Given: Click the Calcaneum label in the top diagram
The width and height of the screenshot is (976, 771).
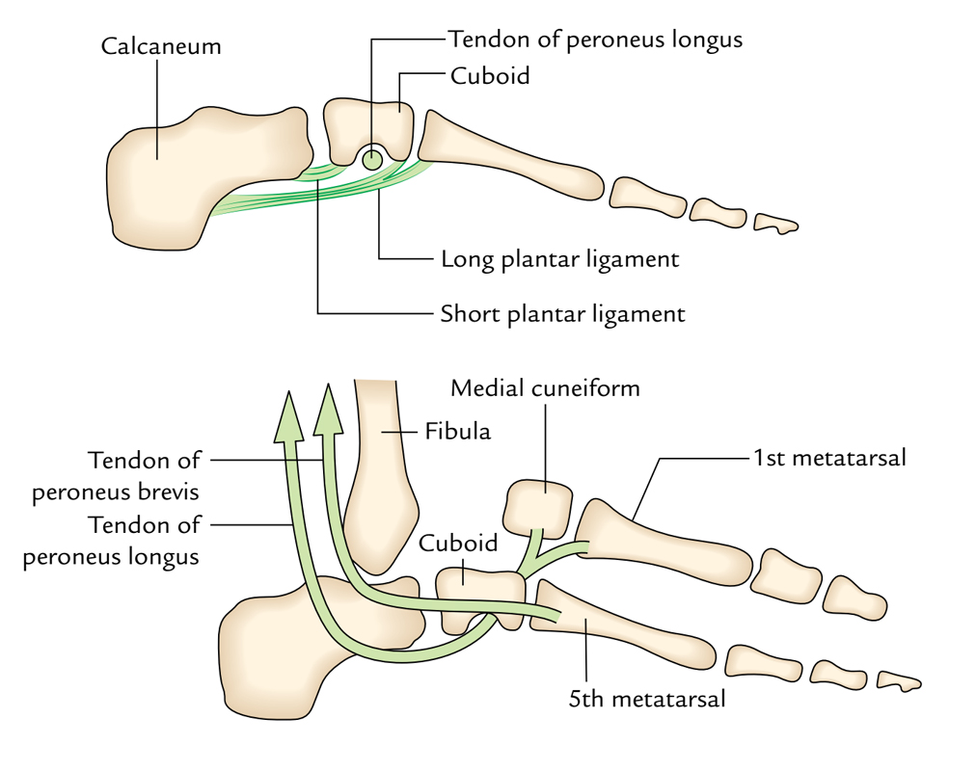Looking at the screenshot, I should (160, 46).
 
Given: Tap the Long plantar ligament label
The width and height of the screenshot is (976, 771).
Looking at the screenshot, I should (559, 259).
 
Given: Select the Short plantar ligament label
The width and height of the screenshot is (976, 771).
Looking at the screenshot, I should (562, 314).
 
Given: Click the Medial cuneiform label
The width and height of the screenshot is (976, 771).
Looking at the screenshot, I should (545, 388).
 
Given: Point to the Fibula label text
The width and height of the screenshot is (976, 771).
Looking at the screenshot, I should (457, 431).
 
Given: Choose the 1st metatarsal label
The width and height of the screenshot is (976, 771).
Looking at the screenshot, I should (829, 458).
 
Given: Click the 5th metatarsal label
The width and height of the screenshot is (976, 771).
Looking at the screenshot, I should (646, 699).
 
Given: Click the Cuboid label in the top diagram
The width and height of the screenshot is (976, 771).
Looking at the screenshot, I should (490, 76).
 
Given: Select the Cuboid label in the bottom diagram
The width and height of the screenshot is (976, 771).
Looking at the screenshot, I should (458, 543).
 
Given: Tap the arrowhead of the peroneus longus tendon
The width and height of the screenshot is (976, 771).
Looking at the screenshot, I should (286, 416).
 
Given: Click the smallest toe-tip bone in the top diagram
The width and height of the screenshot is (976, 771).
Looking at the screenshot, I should (776, 224).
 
